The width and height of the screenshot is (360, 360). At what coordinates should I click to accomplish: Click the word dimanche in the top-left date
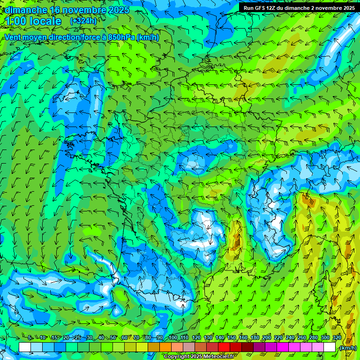(x=26, y=10)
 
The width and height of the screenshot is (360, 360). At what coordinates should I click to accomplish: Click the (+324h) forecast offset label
(x=83, y=21)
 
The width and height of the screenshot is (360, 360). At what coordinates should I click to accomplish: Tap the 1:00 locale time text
(x=33, y=21)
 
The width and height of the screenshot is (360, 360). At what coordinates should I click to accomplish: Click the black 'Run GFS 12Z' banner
(x=299, y=8)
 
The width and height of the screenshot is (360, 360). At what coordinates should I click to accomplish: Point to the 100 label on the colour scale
(x=173, y=338)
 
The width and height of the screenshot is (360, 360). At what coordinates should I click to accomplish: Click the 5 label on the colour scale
(x=30, y=338)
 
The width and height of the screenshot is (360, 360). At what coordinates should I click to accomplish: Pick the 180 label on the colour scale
(x=255, y=338)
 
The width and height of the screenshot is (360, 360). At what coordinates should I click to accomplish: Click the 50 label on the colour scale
(x=113, y=338)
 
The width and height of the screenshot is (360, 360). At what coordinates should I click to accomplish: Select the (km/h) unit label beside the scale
(x=347, y=347)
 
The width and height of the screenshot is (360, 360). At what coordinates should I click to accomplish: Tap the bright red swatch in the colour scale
(x=224, y=347)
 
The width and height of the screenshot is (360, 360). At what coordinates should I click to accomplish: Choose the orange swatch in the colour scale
(x=165, y=347)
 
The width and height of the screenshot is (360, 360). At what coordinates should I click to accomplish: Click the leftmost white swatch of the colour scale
(x=25, y=347)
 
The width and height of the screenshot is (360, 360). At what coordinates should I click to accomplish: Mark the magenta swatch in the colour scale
(x=283, y=347)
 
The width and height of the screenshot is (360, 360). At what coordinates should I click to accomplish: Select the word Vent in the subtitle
(x=14, y=37)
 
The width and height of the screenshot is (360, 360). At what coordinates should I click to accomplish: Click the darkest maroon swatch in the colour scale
(x=247, y=347)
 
